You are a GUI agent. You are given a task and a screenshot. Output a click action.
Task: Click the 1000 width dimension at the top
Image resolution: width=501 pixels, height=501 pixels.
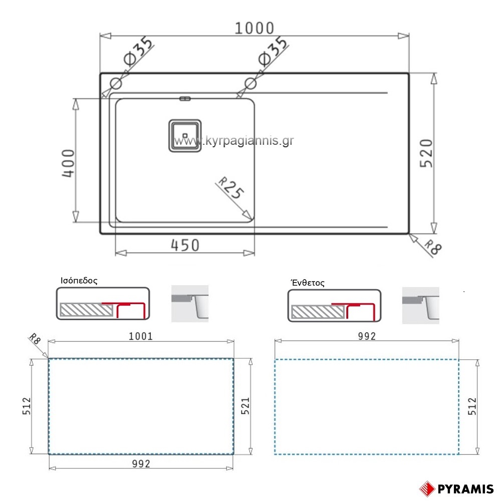[x=255, y=28]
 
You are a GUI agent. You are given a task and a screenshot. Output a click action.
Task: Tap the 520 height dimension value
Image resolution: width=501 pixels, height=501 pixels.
[x=426, y=153]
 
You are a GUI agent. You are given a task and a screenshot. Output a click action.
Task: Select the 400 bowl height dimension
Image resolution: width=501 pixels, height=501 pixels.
[x=68, y=163]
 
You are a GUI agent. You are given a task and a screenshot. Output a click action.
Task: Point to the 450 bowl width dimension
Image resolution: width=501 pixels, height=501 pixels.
[x=185, y=245]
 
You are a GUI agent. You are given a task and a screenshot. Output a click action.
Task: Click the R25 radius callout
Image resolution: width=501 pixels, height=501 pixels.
[x=230, y=187]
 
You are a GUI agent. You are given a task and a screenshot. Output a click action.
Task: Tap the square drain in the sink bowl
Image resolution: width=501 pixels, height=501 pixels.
[x=185, y=136]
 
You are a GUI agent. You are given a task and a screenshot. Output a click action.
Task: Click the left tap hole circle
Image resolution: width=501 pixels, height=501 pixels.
[x=116, y=84]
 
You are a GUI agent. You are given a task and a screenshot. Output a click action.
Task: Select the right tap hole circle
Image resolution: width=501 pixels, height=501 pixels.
[x=250, y=84]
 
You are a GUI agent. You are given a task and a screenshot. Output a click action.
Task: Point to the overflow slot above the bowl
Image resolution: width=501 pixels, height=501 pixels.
[x=185, y=98]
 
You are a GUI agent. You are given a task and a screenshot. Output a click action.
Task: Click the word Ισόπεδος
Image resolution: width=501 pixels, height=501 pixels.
[x=79, y=281]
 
